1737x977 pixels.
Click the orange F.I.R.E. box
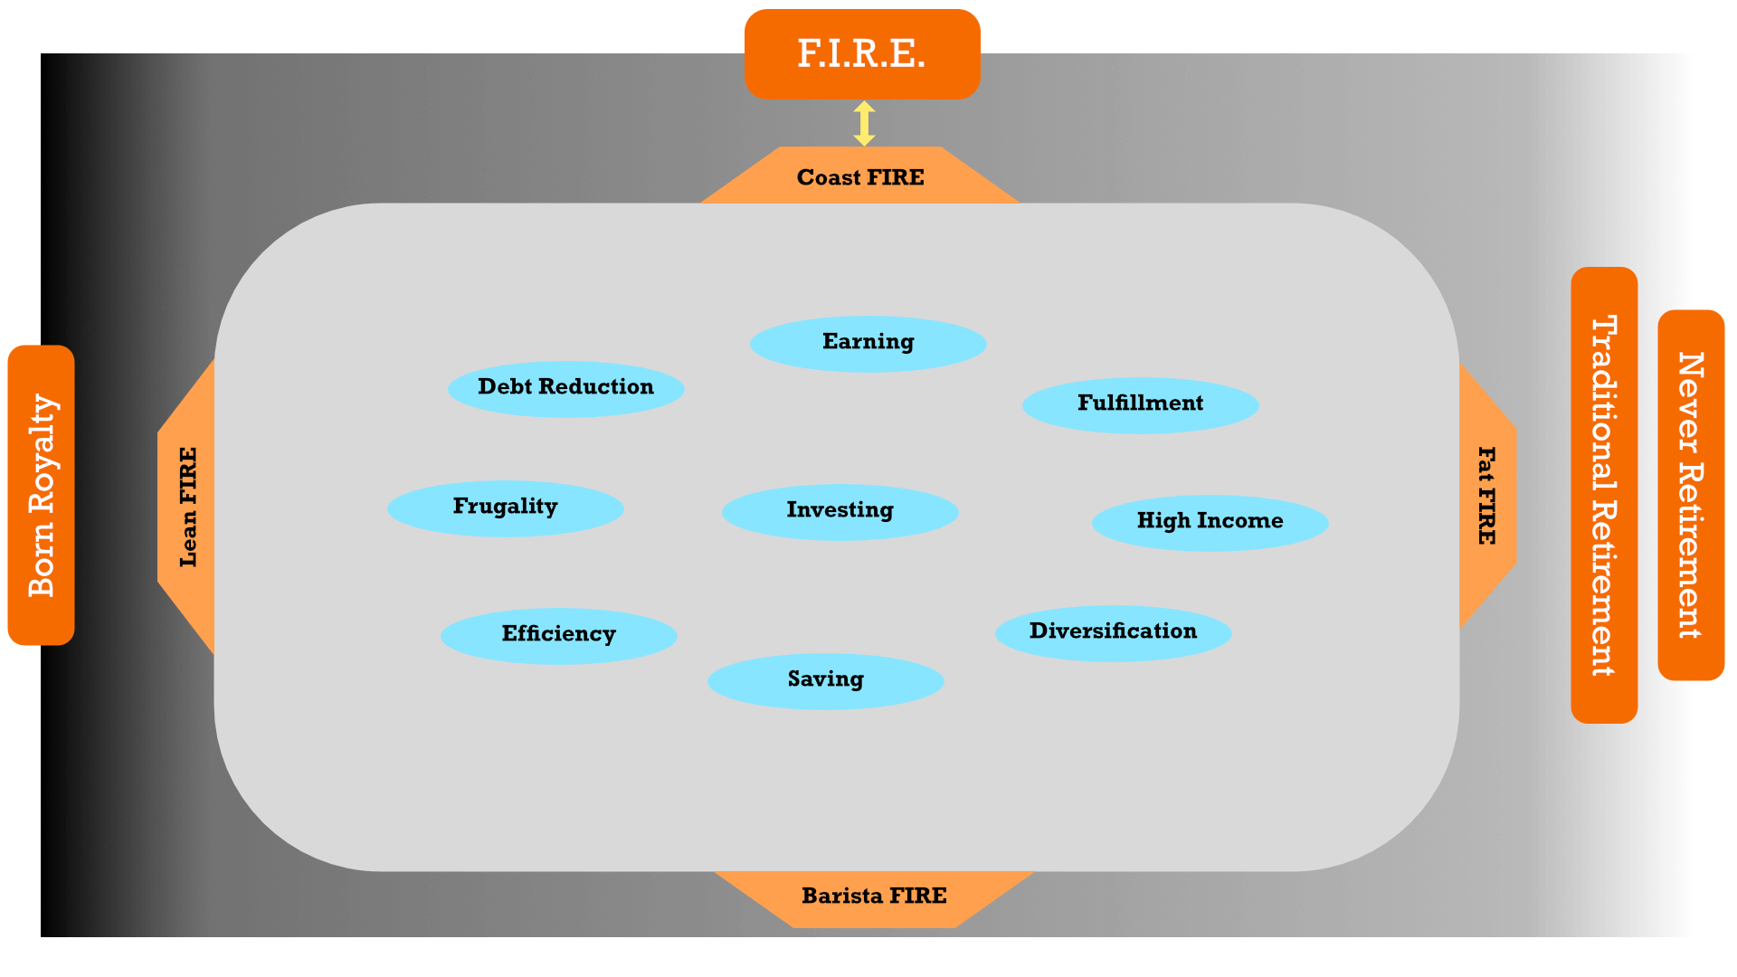coord(861,54)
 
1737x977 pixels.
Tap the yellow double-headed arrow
coord(864,123)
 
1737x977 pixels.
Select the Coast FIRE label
coord(860,177)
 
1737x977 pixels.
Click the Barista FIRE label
coord(874,896)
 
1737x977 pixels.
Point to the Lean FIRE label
coord(188,507)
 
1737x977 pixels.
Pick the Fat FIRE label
coord(1486,496)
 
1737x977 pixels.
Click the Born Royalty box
coord(41,495)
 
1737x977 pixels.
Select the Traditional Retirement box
coord(1604,495)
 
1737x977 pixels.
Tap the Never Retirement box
coord(1691,495)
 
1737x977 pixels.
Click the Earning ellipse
coord(868,343)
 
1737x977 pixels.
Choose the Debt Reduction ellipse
coord(565,388)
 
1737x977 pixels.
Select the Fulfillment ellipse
coord(1140,404)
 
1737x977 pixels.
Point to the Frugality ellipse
coord(505,507)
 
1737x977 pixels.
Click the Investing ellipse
coord(840,511)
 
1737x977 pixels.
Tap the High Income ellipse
coord(1210,522)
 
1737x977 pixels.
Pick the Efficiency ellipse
coord(558,635)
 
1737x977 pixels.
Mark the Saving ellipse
coord(825,680)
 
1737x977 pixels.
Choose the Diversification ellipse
coord(1113,632)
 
